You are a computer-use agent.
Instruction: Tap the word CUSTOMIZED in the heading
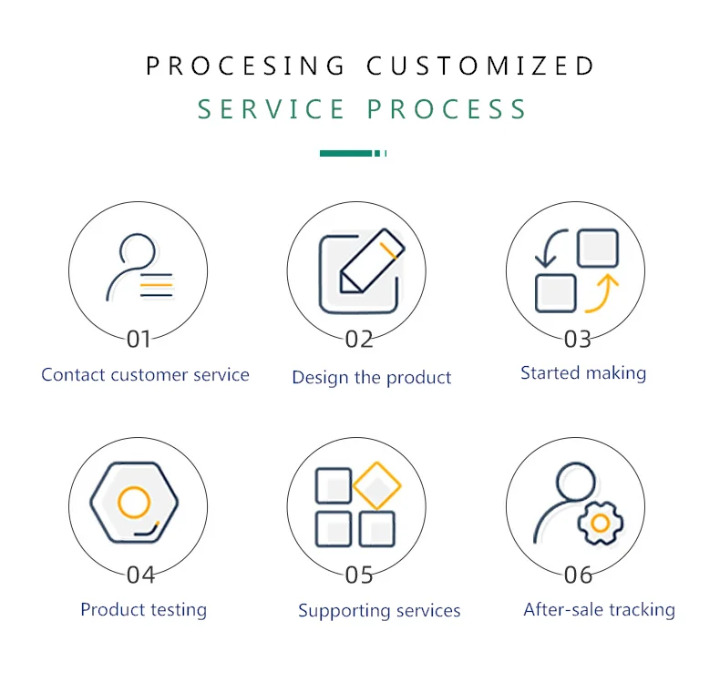tap(480, 66)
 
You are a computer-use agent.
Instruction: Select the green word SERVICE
tap(272, 109)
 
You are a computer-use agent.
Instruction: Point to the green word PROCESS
tap(447, 109)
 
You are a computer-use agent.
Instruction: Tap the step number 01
tap(139, 340)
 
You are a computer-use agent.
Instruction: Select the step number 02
tap(359, 340)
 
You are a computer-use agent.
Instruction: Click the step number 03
tap(578, 340)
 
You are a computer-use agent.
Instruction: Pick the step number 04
tap(140, 575)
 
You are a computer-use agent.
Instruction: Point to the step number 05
tap(359, 575)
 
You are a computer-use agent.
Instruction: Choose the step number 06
tap(578, 575)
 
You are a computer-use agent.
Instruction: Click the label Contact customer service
tap(145, 374)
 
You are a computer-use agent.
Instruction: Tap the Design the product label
tap(371, 377)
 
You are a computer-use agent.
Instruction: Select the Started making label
tap(583, 372)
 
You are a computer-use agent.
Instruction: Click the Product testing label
tap(143, 609)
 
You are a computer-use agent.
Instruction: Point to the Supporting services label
tap(379, 611)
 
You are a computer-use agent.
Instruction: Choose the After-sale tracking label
tap(599, 609)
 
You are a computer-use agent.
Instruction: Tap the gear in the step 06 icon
tap(600, 523)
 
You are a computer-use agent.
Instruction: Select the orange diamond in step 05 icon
tap(377, 485)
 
